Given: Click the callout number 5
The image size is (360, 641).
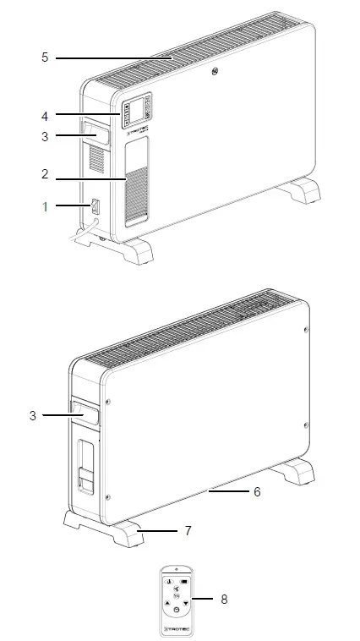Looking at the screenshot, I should (45, 58).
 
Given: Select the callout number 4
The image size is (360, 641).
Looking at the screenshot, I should (45, 114).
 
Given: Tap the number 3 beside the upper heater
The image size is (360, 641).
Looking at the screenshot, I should (45, 135).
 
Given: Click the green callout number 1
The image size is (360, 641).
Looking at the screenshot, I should (45, 205).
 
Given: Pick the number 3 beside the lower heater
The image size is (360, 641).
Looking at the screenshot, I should (31, 415).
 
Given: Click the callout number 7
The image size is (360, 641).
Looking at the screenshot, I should (188, 531).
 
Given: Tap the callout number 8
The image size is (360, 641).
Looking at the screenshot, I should (223, 599).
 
